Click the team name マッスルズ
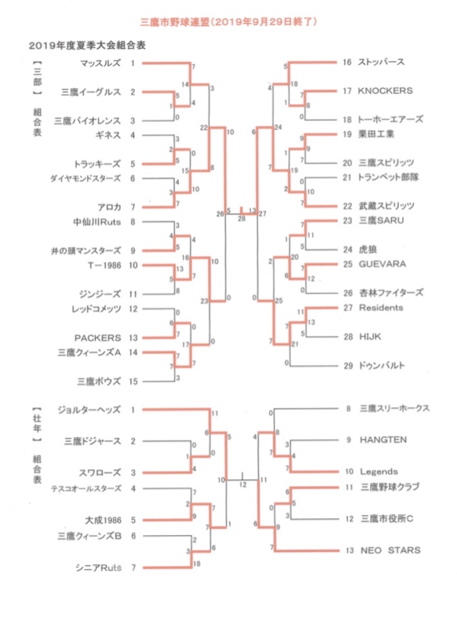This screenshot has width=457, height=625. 100,63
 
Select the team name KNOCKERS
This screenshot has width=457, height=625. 385,91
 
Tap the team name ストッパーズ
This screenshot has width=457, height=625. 381,62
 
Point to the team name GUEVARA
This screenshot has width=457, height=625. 383,264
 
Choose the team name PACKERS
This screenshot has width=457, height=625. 97,338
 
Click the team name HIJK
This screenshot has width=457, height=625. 370,337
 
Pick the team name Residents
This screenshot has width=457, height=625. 381,308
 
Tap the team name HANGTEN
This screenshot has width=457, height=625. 383,440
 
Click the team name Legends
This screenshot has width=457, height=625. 379,472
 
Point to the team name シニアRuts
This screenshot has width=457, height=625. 98,568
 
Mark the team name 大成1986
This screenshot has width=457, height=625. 103,520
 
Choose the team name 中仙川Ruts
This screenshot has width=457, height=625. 97,222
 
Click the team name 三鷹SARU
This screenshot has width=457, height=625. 381,221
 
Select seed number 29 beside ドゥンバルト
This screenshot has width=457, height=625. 349,366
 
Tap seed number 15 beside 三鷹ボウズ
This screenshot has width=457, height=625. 133,381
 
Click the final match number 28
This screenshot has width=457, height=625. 242,219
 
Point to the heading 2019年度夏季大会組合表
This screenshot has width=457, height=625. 87,46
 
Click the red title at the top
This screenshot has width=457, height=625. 229,22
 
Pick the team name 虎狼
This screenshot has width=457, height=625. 368,249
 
